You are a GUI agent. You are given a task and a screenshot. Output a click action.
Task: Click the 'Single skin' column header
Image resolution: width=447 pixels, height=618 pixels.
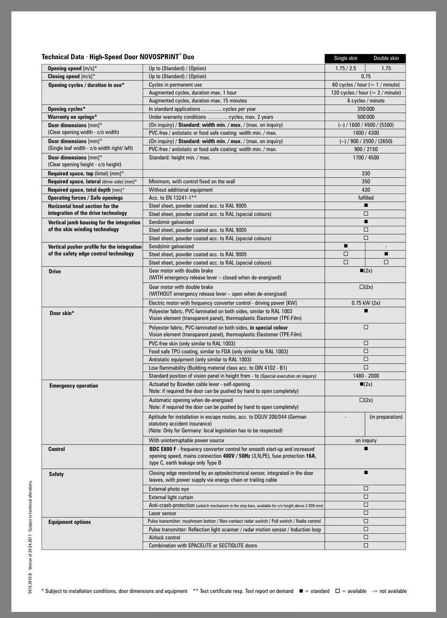(345, 58)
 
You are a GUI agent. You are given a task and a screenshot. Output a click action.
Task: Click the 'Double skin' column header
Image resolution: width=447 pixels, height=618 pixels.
(386, 58)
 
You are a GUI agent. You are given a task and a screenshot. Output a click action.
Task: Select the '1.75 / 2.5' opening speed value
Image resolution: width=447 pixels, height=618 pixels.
(345, 68)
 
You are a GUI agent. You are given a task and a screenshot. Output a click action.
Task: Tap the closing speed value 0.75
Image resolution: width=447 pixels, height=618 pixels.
(366, 76)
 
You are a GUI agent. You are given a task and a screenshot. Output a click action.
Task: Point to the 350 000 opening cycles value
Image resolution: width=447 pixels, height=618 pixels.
(366, 109)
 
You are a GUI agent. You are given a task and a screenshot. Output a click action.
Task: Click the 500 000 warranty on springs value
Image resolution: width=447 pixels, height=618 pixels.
(366, 117)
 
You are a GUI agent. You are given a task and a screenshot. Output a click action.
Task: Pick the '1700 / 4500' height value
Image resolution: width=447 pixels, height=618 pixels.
(366, 157)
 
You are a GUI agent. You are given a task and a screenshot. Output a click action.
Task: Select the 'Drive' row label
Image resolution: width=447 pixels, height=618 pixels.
(54, 272)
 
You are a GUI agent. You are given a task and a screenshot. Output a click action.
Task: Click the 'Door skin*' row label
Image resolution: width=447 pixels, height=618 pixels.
(62, 313)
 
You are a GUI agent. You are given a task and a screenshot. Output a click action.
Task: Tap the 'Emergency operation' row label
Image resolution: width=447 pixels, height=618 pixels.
(74, 386)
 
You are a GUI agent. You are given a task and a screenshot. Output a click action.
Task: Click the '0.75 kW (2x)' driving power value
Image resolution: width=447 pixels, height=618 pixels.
(366, 303)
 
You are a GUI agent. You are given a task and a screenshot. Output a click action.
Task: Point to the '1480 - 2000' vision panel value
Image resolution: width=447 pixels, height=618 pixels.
(366, 376)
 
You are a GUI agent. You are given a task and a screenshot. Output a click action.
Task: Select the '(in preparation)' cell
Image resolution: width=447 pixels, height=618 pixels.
(386, 417)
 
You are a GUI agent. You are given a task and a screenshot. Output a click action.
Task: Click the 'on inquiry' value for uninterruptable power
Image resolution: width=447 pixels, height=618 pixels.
(366, 440)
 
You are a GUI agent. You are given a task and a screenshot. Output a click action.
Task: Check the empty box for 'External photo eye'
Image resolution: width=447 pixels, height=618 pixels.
(366, 489)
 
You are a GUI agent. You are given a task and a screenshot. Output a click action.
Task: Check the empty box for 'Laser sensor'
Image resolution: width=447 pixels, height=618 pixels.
(366, 513)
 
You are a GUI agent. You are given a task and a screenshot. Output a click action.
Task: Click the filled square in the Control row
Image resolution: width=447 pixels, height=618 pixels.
(366, 448)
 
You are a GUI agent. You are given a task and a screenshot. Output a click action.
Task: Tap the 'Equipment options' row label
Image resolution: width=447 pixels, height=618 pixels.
(69, 522)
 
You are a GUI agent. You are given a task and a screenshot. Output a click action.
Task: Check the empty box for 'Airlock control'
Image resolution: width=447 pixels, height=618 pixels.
(366, 537)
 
